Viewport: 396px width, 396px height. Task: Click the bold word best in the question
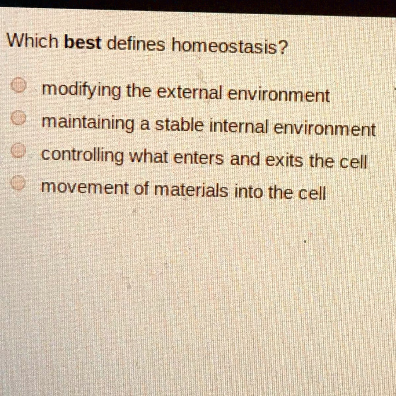(x=83, y=42)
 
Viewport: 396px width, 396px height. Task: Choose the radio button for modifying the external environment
(x=19, y=85)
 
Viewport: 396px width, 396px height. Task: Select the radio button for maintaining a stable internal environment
(x=18, y=118)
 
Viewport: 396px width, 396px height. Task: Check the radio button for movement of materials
(x=18, y=183)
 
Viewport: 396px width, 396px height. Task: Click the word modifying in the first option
(x=81, y=91)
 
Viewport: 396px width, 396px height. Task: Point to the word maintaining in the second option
(x=88, y=123)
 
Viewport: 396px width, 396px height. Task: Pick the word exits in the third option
(x=284, y=160)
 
